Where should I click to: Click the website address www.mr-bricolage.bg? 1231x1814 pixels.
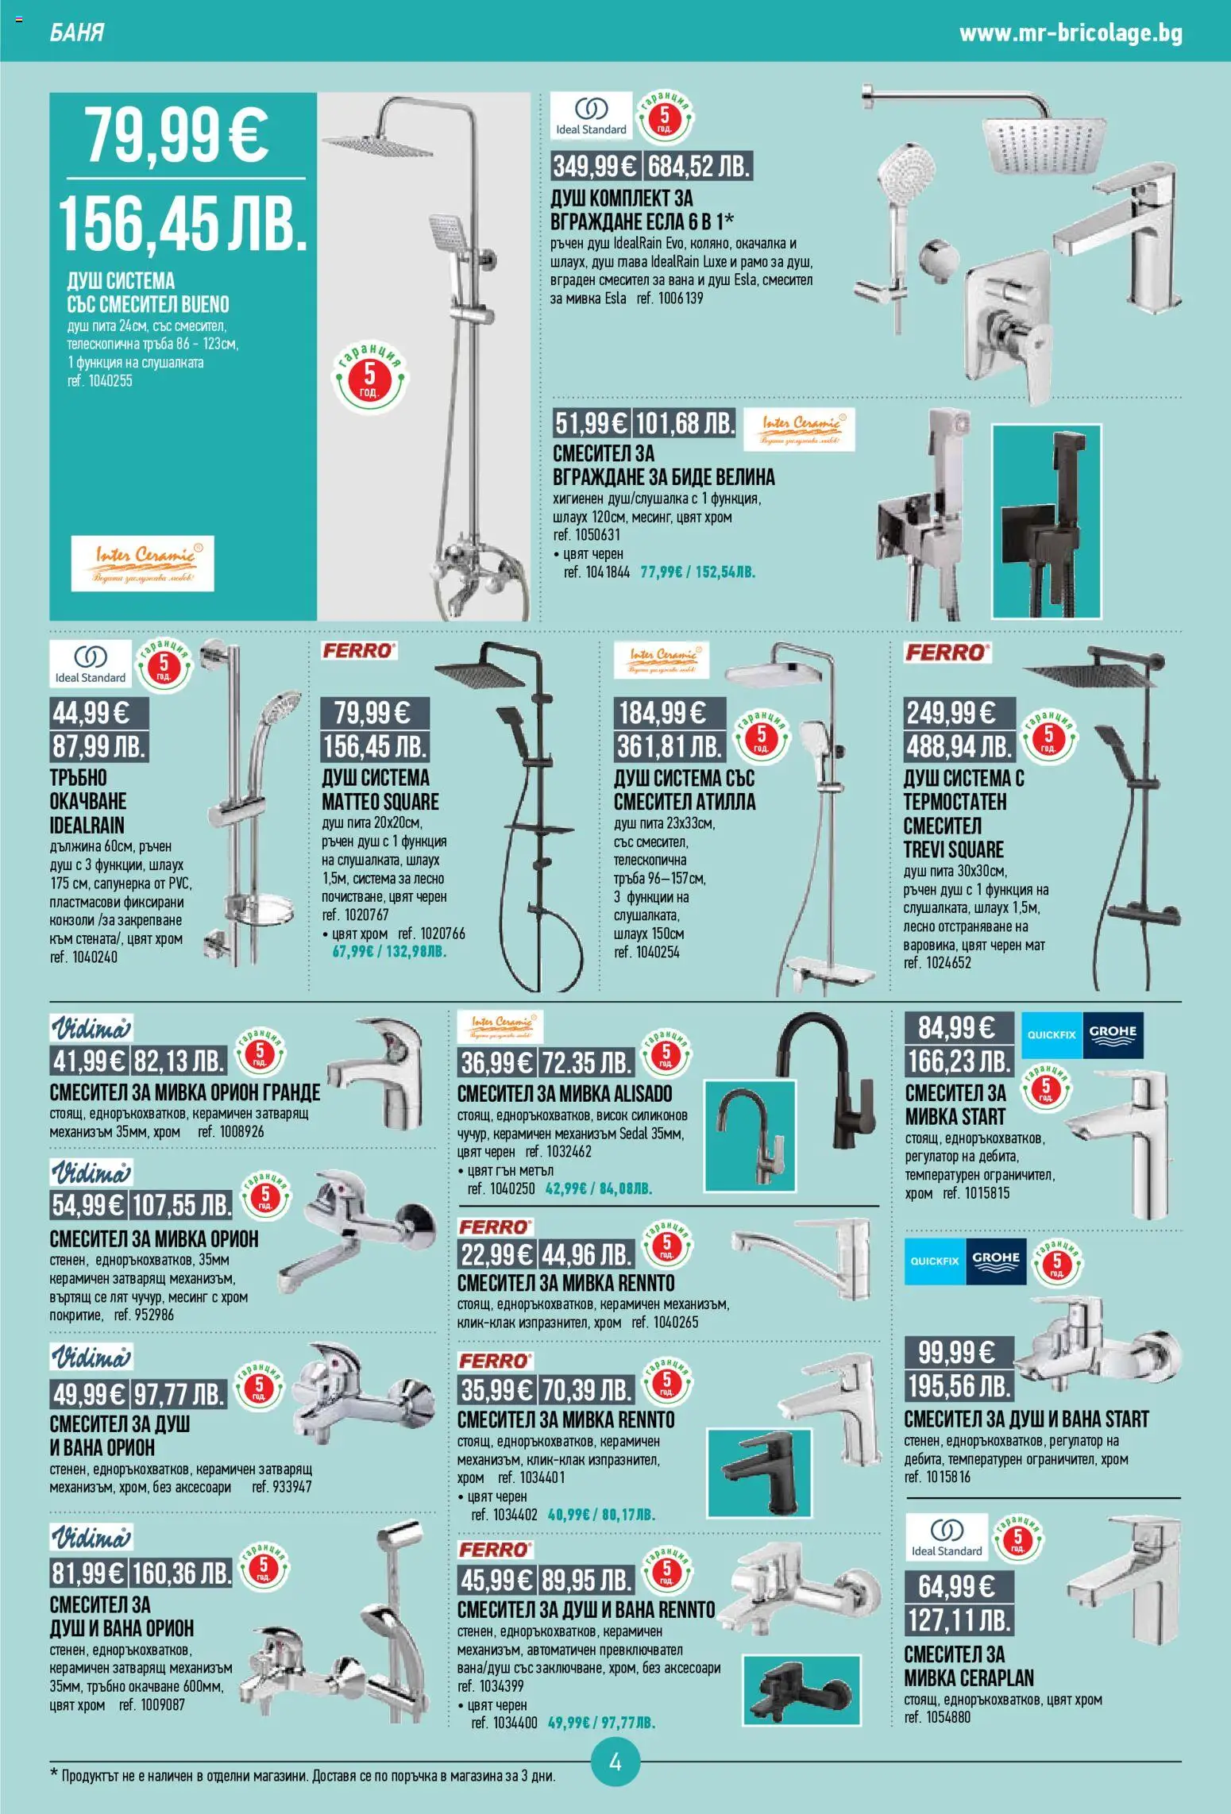click(x=1071, y=34)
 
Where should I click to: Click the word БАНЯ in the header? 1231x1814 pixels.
click(x=77, y=33)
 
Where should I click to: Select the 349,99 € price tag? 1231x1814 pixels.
click(x=596, y=167)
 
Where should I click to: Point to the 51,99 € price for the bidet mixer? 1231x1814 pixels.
click(x=592, y=424)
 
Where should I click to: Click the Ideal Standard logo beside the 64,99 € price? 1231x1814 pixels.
click(x=947, y=1538)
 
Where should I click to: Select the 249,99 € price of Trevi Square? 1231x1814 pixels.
click(x=959, y=713)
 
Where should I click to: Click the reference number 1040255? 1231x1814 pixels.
click(x=99, y=381)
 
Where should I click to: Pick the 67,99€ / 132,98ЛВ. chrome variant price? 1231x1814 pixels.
click(x=388, y=951)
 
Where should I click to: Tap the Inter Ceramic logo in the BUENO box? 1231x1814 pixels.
click(x=143, y=563)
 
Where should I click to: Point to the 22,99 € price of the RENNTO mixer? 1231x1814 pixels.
click(x=497, y=1254)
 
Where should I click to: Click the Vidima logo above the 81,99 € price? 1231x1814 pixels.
click(x=91, y=1538)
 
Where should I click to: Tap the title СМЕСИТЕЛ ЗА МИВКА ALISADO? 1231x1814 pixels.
click(x=565, y=1094)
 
